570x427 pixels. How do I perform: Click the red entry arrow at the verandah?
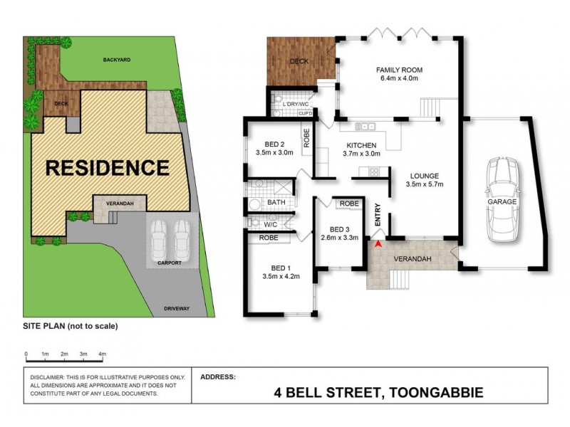click(x=378, y=244)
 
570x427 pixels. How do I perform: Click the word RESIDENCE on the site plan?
click(x=108, y=168)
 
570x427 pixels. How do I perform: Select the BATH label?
click(x=276, y=202)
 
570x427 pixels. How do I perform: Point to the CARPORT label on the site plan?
click(x=169, y=263)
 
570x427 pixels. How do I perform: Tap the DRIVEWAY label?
click(x=176, y=308)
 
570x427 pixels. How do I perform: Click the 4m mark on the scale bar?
click(x=103, y=354)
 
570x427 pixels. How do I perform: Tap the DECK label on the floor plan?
click(x=299, y=61)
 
